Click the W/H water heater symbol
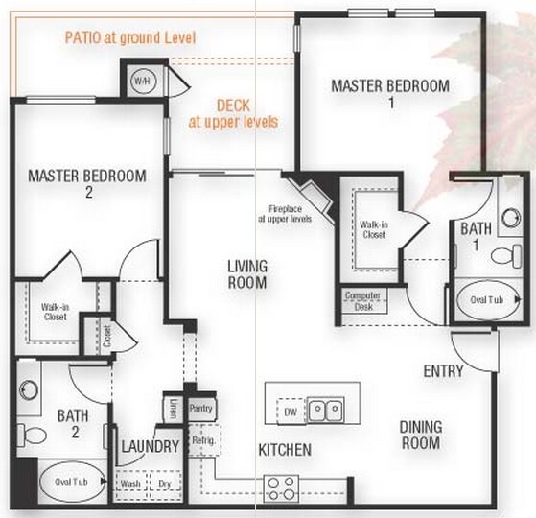[x=142, y=79]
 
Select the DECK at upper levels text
[x=234, y=114]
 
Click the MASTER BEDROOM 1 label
[x=389, y=93]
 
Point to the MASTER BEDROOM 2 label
[x=86, y=183]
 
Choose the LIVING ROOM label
[x=246, y=273]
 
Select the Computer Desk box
[x=362, y=300]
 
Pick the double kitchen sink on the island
[x=325, y=411]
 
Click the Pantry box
[x=200, y=409]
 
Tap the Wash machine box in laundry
[x=130, y=484]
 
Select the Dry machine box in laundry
[x=164, y=484]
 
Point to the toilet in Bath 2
[x=34, y=435]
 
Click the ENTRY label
[x=443, y=370]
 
